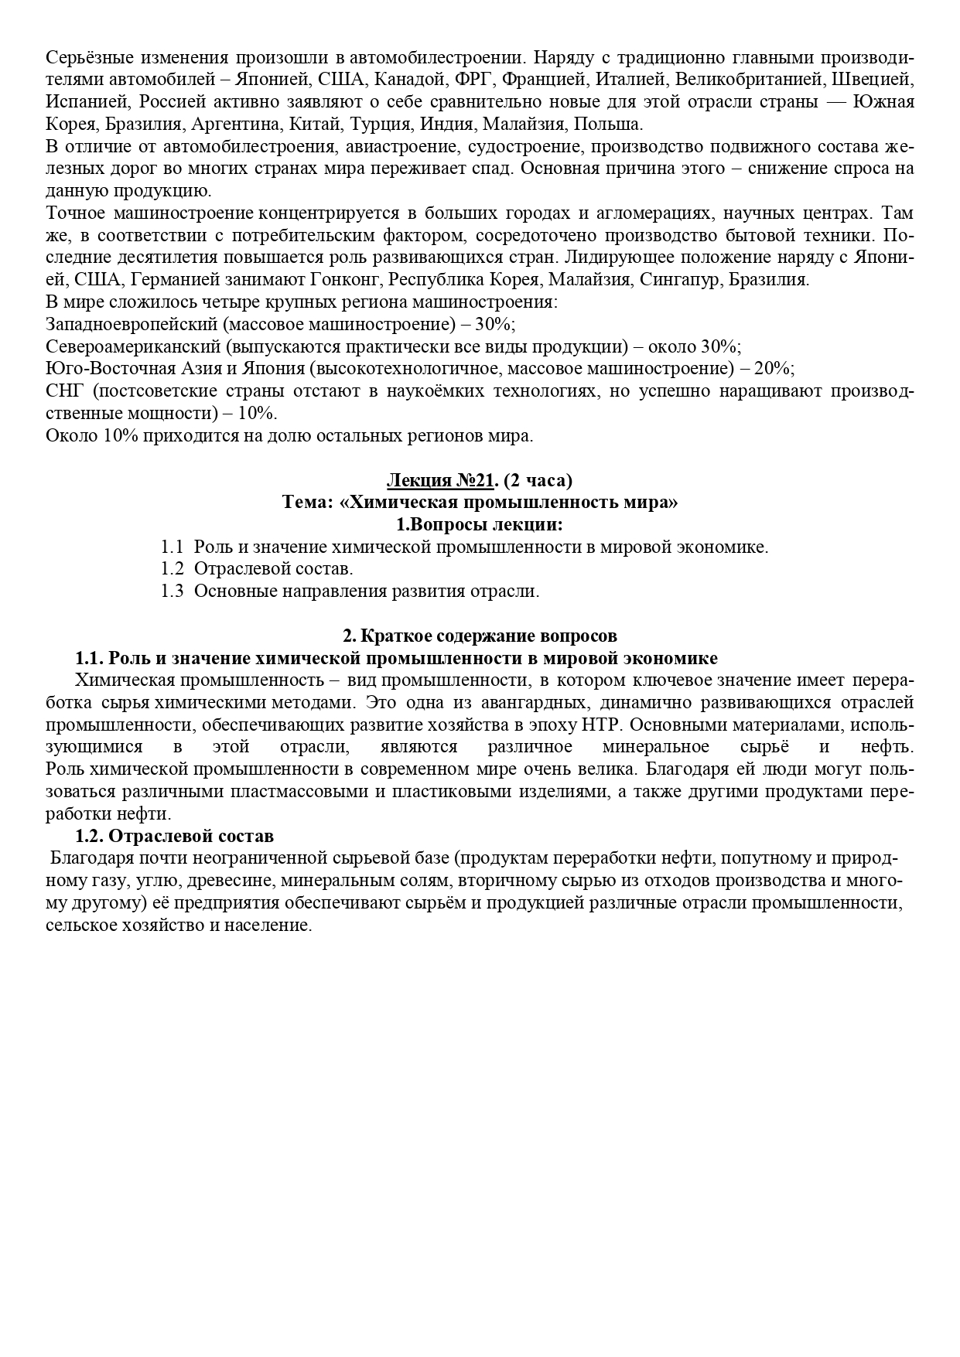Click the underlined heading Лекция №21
(439, 480)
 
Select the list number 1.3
(172, 592)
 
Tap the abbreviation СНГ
(64, 390)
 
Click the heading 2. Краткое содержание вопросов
(480, 636)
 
